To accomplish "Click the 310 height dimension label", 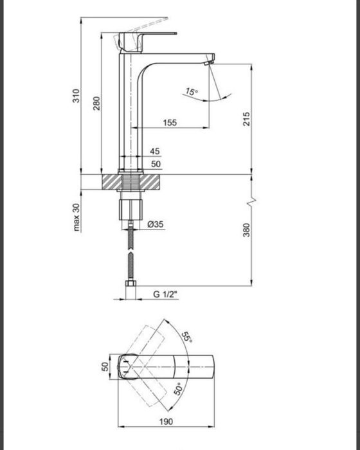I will [x=76, y=97].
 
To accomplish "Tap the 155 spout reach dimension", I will [x=170, y=122].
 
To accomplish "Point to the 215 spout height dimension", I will [x=246, y=119].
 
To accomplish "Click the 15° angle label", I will [x=192, y=93].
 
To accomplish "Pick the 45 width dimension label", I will [x=155, y=150].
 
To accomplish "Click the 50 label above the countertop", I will [x=155, y=164].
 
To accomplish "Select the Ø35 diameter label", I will [x=156, y=224].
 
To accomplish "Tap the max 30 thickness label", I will [x=76, y=217].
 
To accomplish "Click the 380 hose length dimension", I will [x=246, y=230].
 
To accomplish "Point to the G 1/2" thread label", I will [x=165, y=294].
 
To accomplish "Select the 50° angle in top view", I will [x=179, y=388].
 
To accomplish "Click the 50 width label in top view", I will [x=105, y=367].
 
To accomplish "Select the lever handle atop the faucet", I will [x=148, y=32].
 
